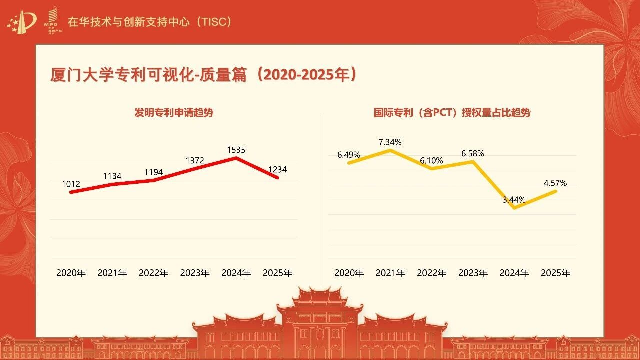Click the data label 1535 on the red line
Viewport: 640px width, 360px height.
pyautogui.click(x=236, y=150)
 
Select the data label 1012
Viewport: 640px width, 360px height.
pyautogui.click(x=71, y=184)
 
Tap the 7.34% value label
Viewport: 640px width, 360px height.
pyautogui.click(x=390, y=142)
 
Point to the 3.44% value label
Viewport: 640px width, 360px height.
pyautogui.click(x=514, y=200)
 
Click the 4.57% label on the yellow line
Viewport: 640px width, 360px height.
pyautogui.click(x=555, y=183)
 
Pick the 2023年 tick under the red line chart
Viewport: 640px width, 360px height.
pyautogui.click(x=195, y=273)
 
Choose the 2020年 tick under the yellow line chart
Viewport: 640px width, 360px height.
pyautogui.click(x=349, y=273)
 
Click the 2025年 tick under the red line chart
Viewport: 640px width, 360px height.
pyautogui.click(x=277, y=273)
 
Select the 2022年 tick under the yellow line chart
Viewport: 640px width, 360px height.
pyautogui.click(x=431, y=273)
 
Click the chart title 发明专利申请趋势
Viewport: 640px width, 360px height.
pyautogui.click(x=174, y=113)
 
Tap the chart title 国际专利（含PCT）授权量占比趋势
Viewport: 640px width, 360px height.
pyautogui.click(x=452, y=113)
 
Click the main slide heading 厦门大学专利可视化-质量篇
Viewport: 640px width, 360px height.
pyautogui.click(x=148, y=75)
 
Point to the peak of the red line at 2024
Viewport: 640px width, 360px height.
pyautogui.click(x=236, y=157)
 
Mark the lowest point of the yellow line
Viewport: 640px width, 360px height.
pyautogui.click(x=515, y=208)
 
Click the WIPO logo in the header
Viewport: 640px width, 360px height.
pyautogui.click(x=52, y=20)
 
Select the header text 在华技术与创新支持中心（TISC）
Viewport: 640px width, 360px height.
pyautogui.click(x=149, y=22)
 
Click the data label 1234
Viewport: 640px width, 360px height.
pyautogui.click(x=277, y=169)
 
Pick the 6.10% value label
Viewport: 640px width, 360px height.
pyautogui.click(x=431, y=161)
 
